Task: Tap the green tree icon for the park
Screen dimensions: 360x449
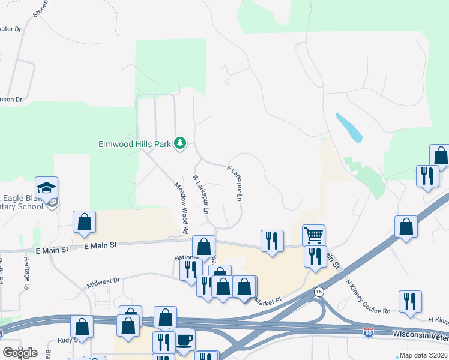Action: [x=179, y=143]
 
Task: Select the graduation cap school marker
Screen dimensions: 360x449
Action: [x=47, y=188]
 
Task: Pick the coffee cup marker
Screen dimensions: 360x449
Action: [x=184, y=340]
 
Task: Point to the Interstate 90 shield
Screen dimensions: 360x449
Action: [x=369, y=332]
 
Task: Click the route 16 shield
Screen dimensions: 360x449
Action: [x=318, y=292]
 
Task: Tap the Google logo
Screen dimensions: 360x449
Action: [x=20, y=353]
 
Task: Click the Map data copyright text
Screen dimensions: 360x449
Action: [x=423, y=355]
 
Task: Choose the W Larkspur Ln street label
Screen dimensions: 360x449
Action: [x=200, y=194]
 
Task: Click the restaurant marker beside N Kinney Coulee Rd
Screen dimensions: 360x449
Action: [x=410, y=302]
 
